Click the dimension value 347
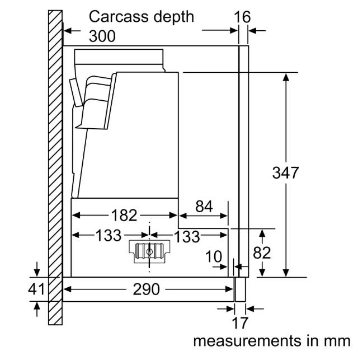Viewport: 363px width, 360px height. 286,173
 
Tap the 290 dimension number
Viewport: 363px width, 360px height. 146,290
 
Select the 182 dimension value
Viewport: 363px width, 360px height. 124,215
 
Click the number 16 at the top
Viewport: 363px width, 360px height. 242,17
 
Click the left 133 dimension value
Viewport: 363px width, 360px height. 108,236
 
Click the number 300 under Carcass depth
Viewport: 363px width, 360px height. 102,36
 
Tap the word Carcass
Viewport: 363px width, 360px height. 115,16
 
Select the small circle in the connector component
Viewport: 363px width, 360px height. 150,253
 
